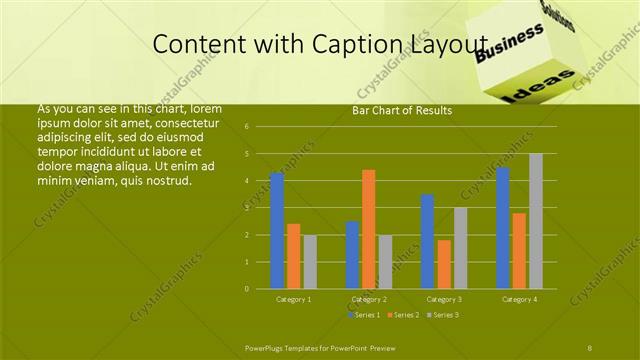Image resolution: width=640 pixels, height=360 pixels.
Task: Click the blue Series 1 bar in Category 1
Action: tap(277, 231)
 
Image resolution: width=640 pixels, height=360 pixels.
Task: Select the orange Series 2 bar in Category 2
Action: tap(369, 229)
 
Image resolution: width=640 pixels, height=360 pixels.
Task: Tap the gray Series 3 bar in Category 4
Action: tap(536, 221)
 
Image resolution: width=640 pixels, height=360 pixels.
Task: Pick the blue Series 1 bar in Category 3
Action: tap(427, 242)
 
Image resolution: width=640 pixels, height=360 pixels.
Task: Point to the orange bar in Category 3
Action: tap(444, 264)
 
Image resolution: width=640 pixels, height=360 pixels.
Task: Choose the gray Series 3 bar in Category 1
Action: tap(310, 262)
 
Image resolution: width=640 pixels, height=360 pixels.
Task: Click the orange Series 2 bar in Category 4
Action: tap(519, 251)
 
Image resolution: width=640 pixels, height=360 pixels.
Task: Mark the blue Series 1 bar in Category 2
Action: tap(352, 255)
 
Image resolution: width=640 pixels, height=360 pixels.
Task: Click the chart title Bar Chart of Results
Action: tap(402, 110)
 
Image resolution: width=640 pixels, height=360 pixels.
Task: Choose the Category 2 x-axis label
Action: tap(369, 299)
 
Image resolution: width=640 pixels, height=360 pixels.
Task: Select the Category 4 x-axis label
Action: tap(519, 299)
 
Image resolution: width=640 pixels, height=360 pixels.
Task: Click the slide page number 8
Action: tap(590, 346)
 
